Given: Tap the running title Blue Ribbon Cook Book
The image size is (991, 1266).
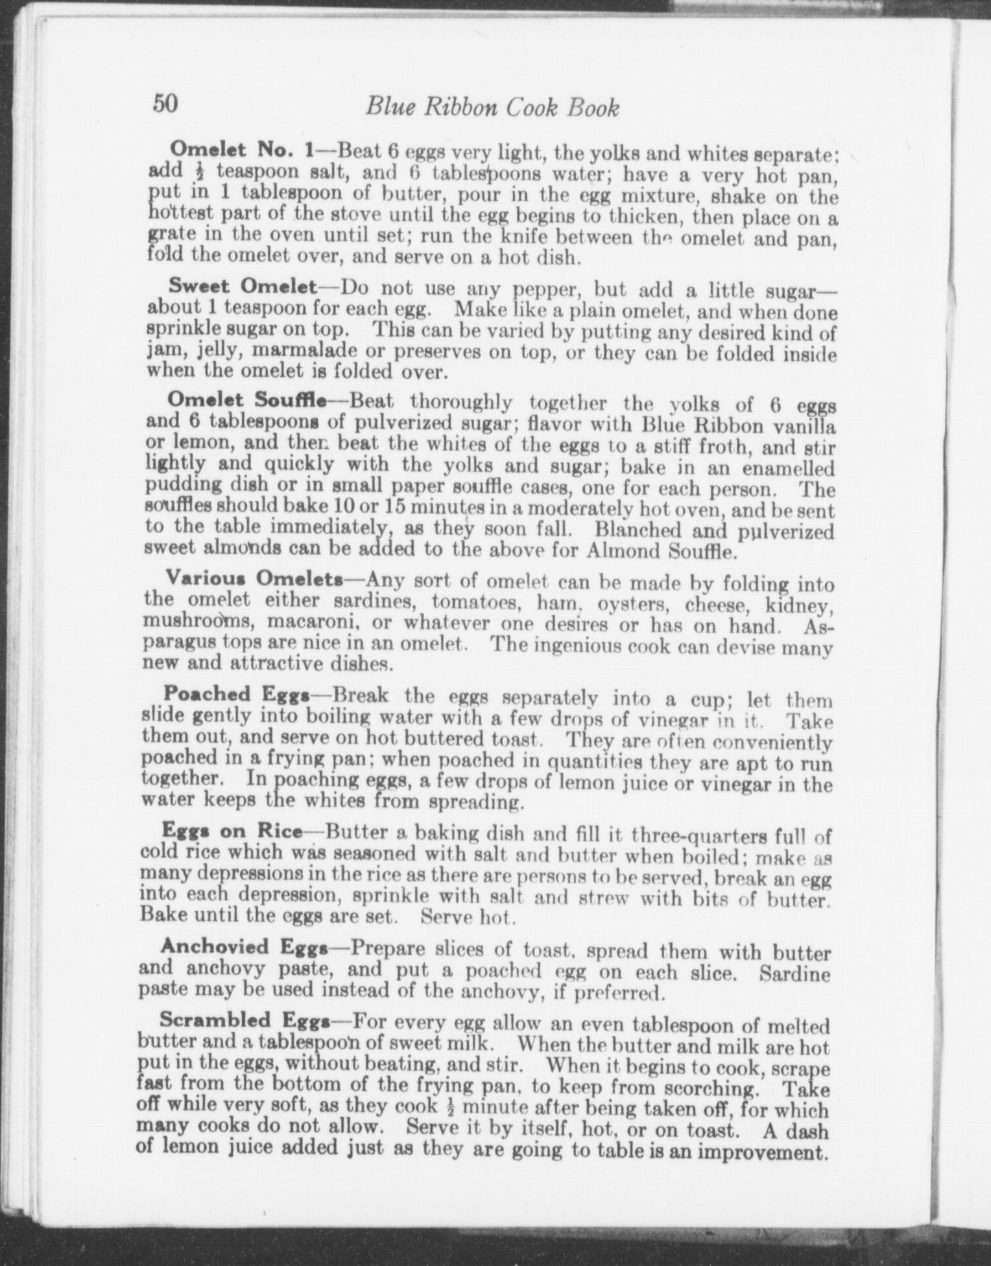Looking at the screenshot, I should point(492,107).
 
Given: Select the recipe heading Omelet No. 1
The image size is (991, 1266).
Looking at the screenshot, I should point(241,150).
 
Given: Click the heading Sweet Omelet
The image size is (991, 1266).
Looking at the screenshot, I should point(242,285).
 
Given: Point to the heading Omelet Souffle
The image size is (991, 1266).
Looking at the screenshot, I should point(246,400).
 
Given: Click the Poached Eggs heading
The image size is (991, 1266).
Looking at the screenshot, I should point(235,693).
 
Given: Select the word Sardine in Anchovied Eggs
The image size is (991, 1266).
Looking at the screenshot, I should point(794,973).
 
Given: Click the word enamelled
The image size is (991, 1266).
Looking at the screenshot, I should point(787,468).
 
